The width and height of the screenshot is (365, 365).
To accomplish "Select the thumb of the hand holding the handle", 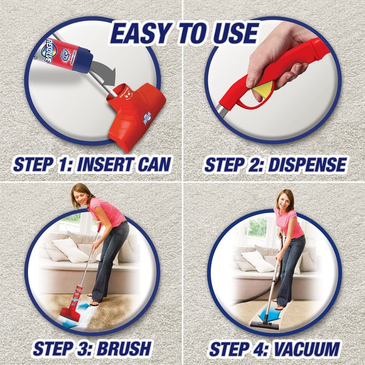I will (255, 78).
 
